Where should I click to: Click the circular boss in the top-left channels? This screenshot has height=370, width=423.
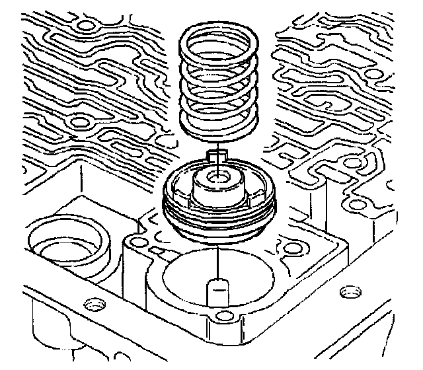click(x=85, y=26)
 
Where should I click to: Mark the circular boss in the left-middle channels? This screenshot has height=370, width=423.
click(x=81, y=122)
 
